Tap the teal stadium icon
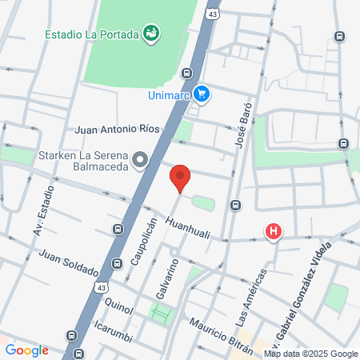150,33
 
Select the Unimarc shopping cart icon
202,94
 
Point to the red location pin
180,178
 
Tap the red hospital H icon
274,233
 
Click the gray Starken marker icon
141,160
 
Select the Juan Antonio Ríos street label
118,128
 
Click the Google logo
26,350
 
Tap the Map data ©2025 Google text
311,354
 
